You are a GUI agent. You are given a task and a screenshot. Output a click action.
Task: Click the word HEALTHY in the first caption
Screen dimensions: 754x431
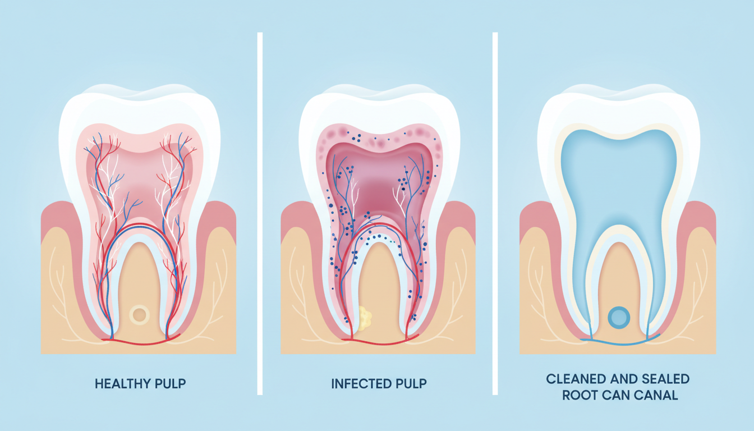pyautogui.click(x=122, y=384)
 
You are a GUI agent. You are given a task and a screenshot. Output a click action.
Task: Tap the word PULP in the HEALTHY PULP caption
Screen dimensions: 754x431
pyautogui.click(x=171, y=384)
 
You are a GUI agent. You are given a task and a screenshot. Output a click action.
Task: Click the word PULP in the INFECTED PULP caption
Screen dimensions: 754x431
pyautogui.click(x=411, y=384)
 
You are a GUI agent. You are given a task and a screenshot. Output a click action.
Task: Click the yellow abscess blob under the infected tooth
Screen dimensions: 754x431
pyautogui.click(x=365, y=318)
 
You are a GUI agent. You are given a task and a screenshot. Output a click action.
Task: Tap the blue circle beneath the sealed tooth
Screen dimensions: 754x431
pyautogui.click(x=619, y=318)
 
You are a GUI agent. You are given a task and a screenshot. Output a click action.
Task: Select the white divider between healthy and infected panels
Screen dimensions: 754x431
pyautogui.click(x=260, y=213)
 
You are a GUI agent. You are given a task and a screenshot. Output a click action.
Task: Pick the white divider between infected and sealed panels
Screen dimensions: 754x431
pyautogui.click(x=495, y=213)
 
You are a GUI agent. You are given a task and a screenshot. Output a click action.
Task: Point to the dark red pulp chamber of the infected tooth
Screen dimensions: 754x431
pyautogui.click(x=379, y=189)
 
